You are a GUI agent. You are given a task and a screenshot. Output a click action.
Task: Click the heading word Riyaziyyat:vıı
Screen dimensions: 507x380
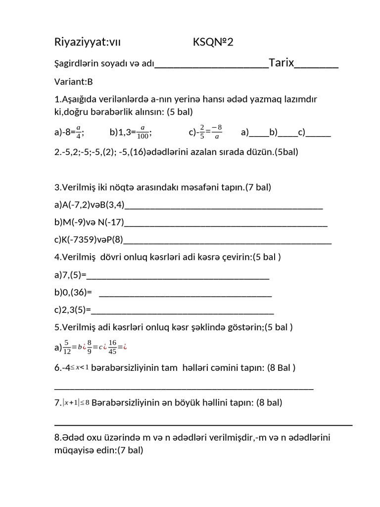point(87,43)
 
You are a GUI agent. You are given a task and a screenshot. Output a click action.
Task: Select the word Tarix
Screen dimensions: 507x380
point(282,62)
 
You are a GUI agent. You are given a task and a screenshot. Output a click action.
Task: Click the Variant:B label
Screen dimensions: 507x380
point(74,82)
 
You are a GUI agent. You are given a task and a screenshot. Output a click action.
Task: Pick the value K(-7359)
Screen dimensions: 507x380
point(79,240)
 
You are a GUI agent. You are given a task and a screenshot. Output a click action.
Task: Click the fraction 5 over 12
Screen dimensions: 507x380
point(66,347)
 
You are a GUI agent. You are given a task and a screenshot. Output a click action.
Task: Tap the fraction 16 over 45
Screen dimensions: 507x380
point(112,347)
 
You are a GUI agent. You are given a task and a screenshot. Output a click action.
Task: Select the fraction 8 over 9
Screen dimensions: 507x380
point(89,347)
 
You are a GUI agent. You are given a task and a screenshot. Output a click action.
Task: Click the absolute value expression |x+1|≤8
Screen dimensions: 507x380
point(76,403)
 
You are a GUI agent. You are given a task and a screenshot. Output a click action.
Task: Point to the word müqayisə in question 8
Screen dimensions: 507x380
point(75,450)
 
